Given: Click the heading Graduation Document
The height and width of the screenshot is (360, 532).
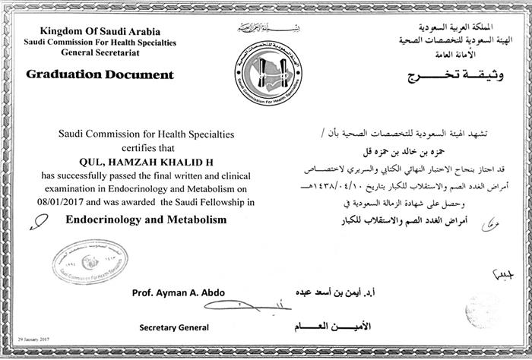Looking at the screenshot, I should point(100,74).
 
